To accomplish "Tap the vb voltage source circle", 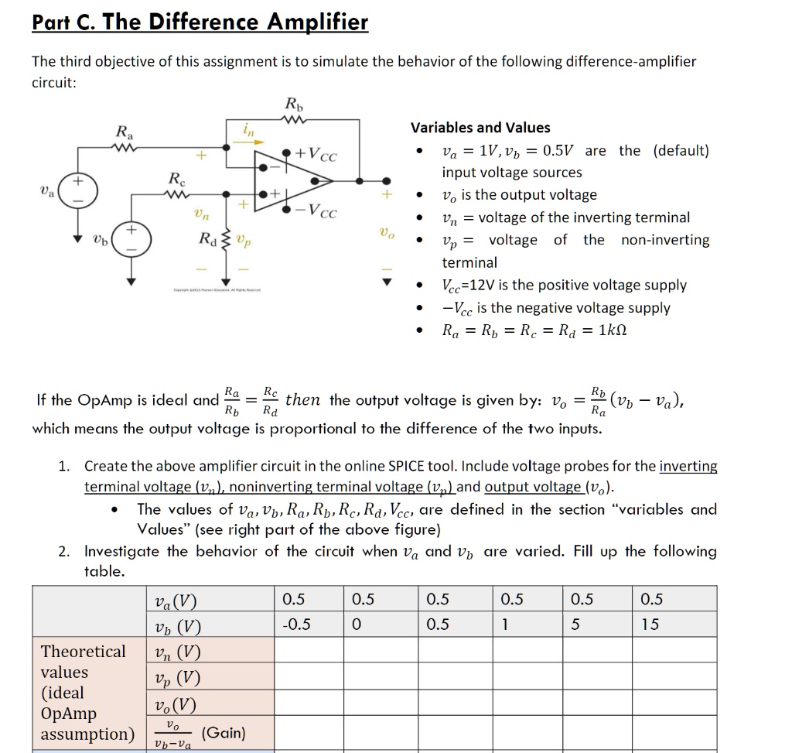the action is [131, 238].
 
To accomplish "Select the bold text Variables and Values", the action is [480, 128].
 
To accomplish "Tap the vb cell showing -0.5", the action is [297, 625].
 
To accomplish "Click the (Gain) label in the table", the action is [223, 732].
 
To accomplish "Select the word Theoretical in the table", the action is [83, 652].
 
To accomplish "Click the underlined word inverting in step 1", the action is [688, 467].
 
